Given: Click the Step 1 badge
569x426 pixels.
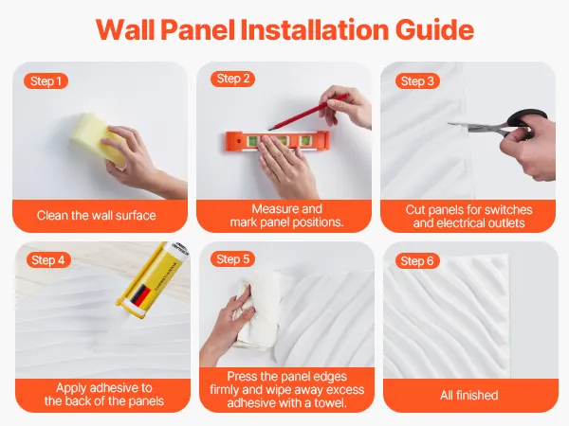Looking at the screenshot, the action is (x=46, y=80).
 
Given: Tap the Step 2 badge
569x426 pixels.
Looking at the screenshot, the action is (x=232, y=79).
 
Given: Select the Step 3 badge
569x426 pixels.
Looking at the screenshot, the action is (x=417, y=80).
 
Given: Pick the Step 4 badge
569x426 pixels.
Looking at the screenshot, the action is (x=48, y=259).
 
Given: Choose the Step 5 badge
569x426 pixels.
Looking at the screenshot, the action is (x=232, y=259).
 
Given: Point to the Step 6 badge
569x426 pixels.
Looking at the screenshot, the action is (x=417, y=261).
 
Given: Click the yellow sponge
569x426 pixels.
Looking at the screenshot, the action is (x=96, y=138).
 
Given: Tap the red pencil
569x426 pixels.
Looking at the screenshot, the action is (x=307, y=112).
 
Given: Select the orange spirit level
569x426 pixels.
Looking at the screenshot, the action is (x=278, y=140).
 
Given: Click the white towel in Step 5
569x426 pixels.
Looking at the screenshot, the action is (x=256, y=311).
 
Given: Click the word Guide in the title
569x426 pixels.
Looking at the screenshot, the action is (x=434, y=29).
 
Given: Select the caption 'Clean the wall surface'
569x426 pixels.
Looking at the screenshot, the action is (x=96, y=216).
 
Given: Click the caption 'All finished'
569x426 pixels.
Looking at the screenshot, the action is (x=468, y=395).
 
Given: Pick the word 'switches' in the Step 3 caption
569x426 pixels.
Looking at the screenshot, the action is (x=508, y=209).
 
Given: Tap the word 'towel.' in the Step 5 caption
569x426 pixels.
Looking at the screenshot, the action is (x=329, y=403).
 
